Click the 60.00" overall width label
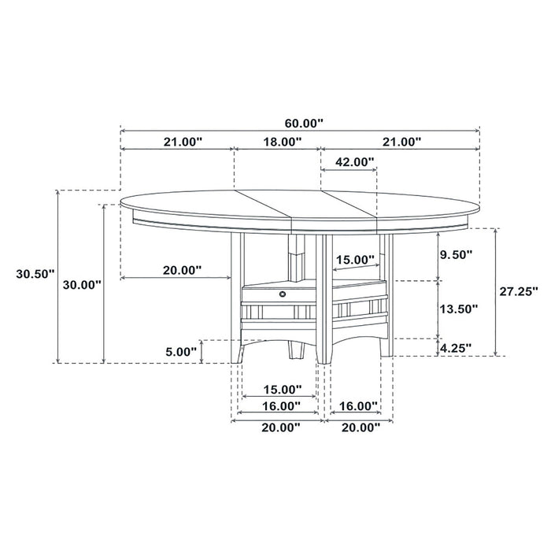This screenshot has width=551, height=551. coord(303,124)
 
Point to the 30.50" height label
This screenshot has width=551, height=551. coord(35,274)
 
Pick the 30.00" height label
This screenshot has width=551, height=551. coord(82,284)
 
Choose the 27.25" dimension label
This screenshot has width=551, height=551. coord(517,290)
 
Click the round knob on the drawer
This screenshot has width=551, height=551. coord(281,293)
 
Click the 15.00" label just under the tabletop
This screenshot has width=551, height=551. coord(355,260)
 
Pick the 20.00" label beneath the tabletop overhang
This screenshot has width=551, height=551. coord(182,270)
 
